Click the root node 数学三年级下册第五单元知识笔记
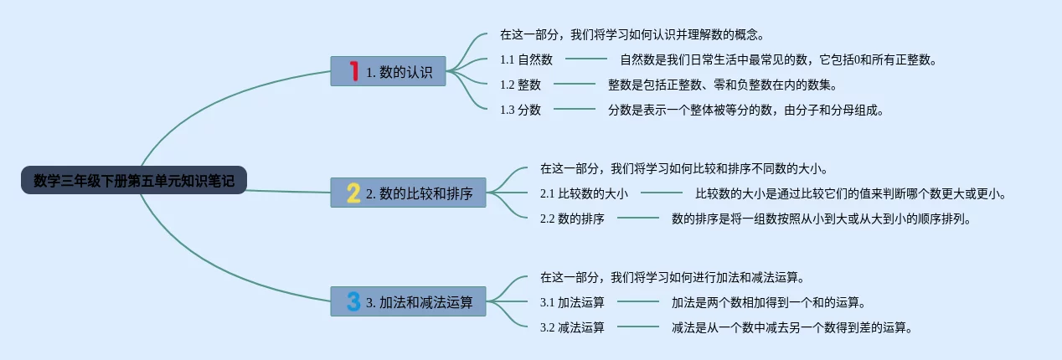coord(134,180)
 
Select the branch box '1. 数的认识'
coord(388,71)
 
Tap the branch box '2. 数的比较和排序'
coord(408,193)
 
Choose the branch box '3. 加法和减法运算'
coord(408,301)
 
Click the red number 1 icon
coord(353,71)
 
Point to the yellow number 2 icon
coord(353,193)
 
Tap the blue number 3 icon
coord(353,301)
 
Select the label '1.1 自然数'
coord(526,59)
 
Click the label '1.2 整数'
coord(520,85)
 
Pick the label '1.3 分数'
coord(520,110)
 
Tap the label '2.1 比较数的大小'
coord(584,193)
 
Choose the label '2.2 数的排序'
coord(572,219)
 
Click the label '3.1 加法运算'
coord(572,302)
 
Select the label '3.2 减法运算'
coord(572,327)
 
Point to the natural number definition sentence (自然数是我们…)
coord(778,59)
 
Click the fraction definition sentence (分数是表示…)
coord(746,110)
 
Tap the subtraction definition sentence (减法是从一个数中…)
coord(791,327)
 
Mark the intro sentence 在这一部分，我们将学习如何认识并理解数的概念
coord(632,35)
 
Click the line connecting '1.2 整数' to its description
coord(575,85)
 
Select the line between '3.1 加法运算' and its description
coord(638,302)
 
